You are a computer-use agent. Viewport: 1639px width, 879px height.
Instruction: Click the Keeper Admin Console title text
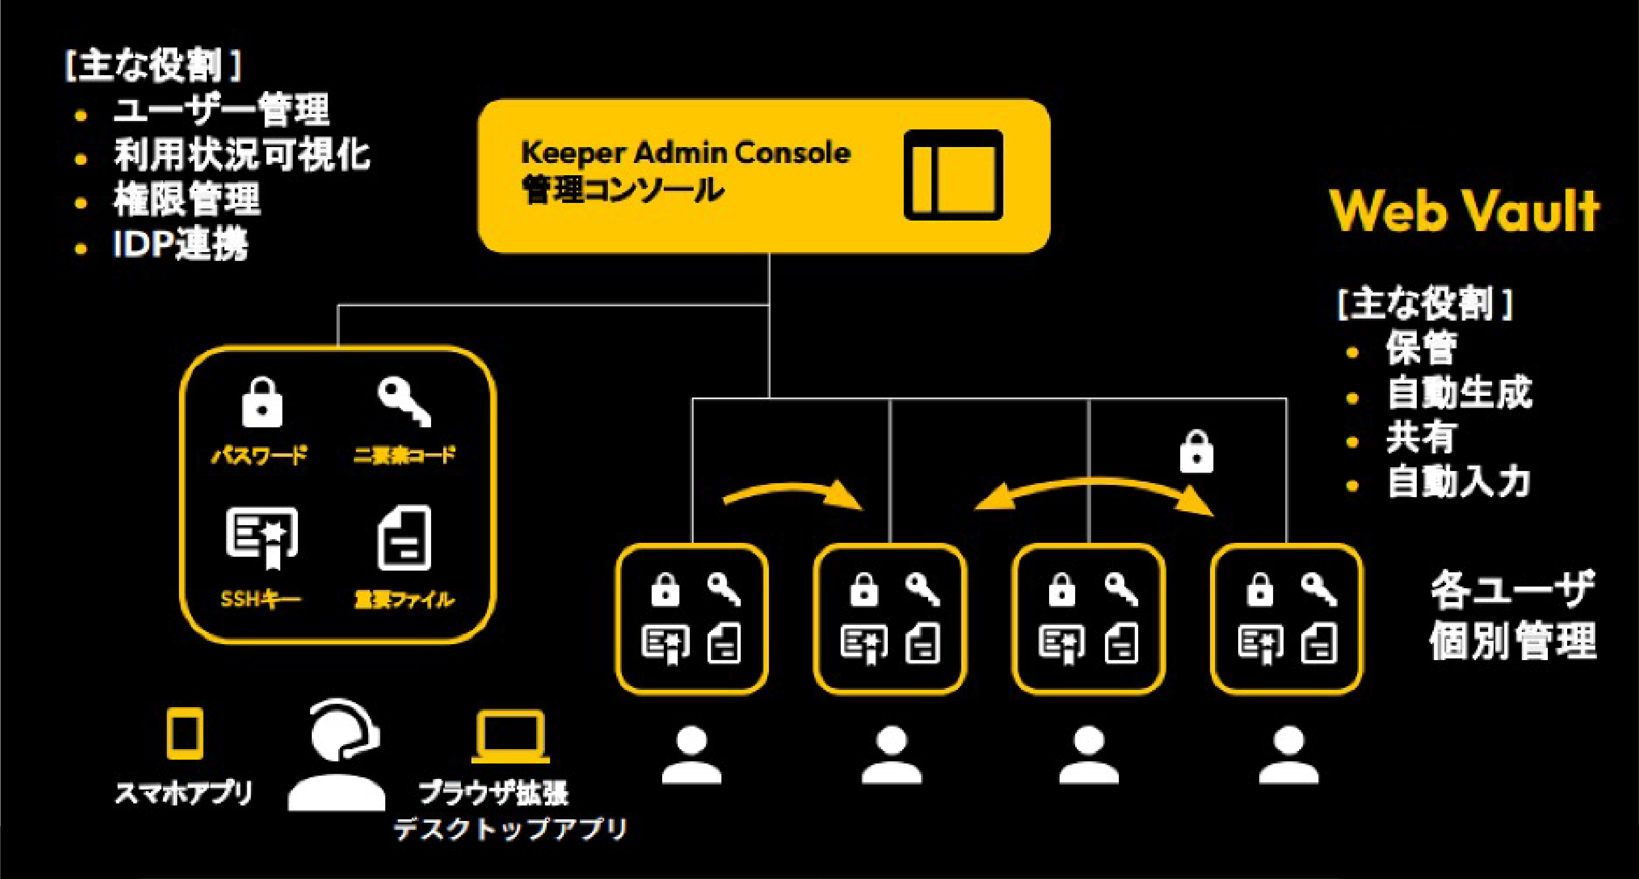coord(685,153)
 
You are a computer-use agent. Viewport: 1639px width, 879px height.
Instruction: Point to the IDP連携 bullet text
coord(180,245)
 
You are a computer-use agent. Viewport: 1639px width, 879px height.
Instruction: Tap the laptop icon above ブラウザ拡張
coord(510,737)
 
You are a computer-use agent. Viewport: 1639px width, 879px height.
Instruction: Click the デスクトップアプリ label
coord(510,829)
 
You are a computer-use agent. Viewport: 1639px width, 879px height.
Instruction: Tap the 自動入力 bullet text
coord(1458,482)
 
